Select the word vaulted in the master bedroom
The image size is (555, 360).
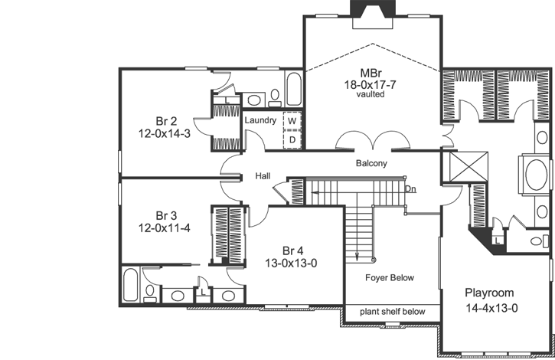[x=371, y=95]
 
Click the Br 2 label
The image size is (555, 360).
[x=167, y=120]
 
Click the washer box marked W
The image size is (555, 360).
[x=292, y=121]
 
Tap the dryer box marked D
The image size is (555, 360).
[x=292, y=139]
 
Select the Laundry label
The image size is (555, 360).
[x=260, y=121]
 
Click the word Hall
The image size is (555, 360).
[x=263, y=177]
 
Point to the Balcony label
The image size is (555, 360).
[x=371, y=164]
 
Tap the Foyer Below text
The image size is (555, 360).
[x=389, y=278]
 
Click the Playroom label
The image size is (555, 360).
[x=489, y=293]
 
